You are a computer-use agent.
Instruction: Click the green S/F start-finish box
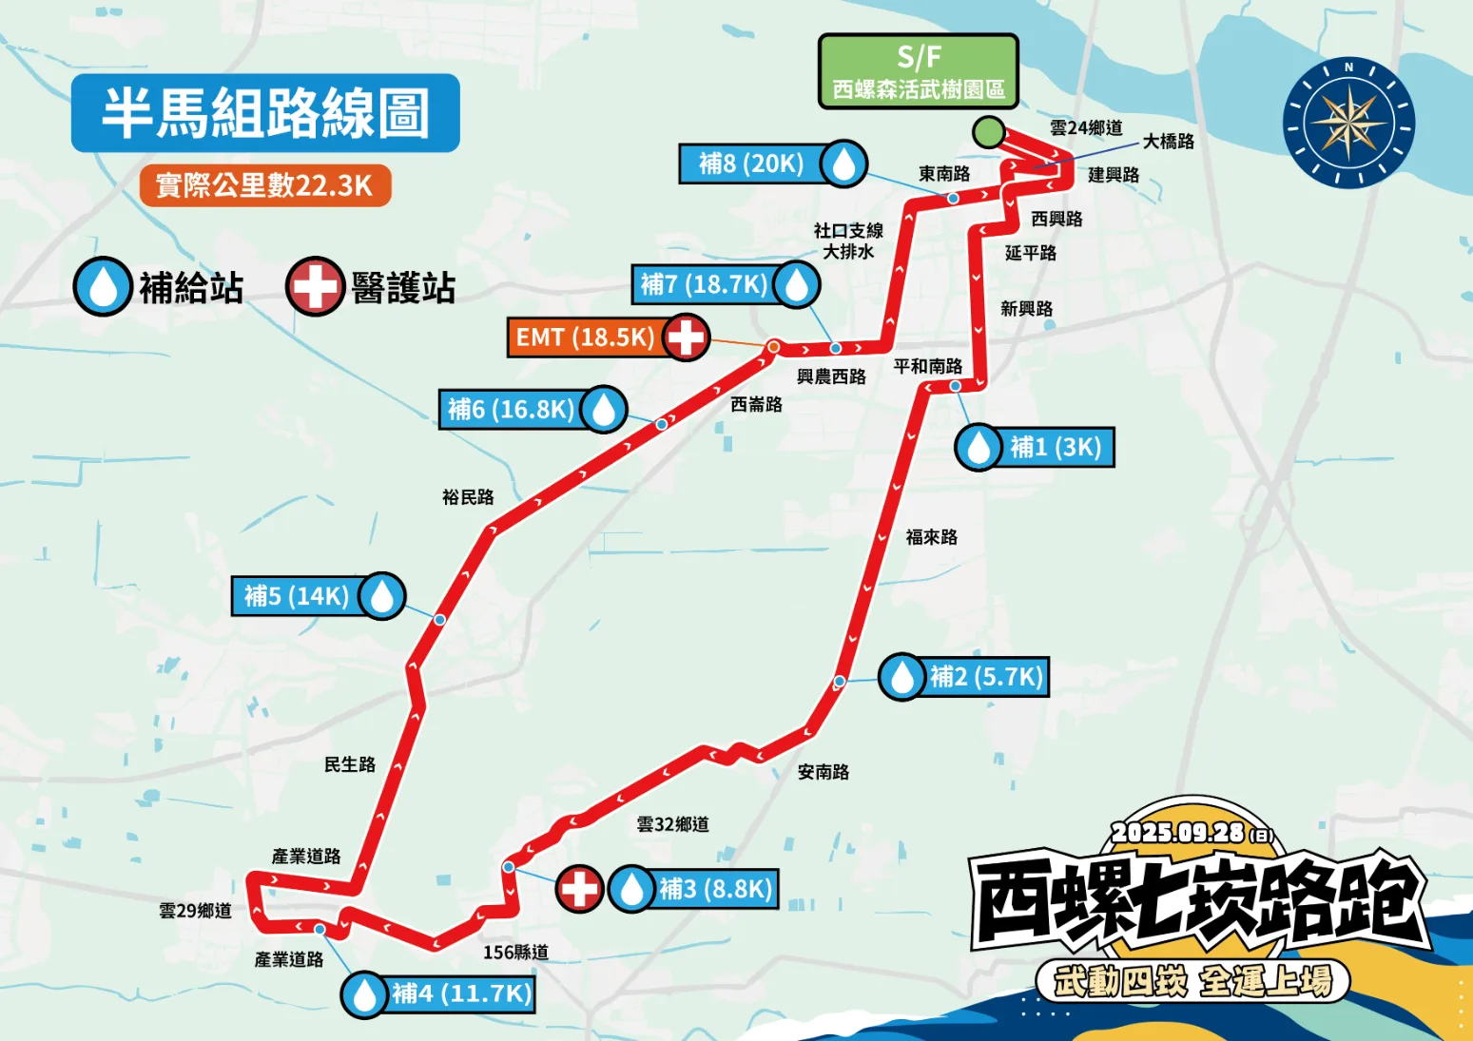(x=919, y=71)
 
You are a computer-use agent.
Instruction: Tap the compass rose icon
(x=1348, y=123)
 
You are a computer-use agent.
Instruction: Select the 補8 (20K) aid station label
(x=752, y=164)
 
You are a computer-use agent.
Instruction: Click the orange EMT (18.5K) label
(x=586, y=337)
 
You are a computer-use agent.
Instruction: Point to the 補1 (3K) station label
(x=1056, y=448)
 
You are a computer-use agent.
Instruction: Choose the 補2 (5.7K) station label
(x=986, y=677)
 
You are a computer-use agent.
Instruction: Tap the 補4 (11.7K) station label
(x=461, y=994)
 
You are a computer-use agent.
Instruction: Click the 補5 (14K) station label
(x=297, y=596)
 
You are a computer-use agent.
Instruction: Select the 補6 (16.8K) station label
(x=511, y=410)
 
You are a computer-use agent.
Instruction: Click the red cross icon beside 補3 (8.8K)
(x=579, y=890)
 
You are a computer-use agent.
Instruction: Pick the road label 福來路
(x=932, y=537)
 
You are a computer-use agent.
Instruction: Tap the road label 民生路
(x=350, y=764)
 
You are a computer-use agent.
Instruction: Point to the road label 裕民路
(x=468, y=497)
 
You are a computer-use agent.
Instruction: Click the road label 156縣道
(x=515, y=952)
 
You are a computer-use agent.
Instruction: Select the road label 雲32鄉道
(x=673, y=824)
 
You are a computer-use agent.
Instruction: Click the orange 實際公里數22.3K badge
(x=264, y=185)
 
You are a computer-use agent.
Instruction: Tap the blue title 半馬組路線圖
(x=265, y=113)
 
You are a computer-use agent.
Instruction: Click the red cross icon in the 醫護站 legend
(x=315, y=286)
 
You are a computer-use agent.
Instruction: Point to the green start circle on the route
(x=989, y=132)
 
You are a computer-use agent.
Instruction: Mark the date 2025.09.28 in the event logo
(x=1177, y=833)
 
